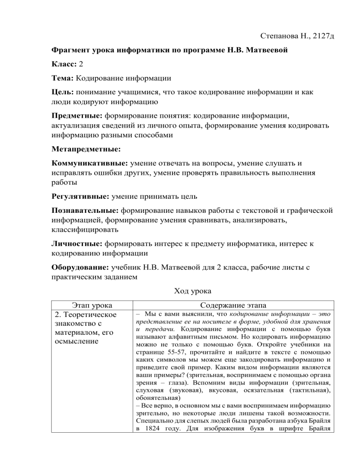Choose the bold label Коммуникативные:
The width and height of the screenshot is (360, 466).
(x=89, y=165)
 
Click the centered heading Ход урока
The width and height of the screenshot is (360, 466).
(x=180, y=292)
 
